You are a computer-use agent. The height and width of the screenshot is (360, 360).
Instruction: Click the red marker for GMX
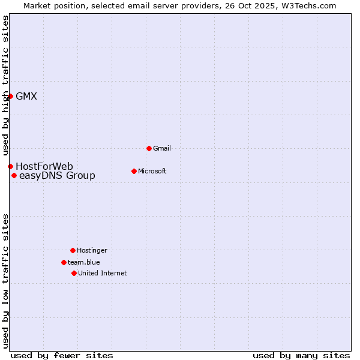[10, 96]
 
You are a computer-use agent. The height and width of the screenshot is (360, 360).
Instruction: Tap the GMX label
[26, 96]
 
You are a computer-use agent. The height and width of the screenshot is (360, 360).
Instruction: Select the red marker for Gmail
[149, 148]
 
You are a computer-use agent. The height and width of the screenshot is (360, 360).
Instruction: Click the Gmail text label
[162, 148]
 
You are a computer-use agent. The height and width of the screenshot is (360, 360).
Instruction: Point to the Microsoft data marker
[134, 171]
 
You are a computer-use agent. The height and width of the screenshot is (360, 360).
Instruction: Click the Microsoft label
[152, 171]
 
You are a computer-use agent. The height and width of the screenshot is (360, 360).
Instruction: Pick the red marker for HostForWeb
[10, 166]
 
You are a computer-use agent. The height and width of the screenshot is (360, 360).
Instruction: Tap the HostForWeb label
[44, 166]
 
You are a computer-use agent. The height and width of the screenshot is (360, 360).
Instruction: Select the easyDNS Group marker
[14, 175]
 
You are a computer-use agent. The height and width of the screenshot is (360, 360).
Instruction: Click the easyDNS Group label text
[57, 175]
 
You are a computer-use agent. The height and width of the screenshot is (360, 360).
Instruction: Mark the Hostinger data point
[73, 250]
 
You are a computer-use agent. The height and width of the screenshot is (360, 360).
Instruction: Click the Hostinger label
[92, 250]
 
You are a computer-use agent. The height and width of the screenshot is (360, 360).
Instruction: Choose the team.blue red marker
[64, 262]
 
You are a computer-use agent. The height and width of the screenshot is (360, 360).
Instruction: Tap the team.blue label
[84, 262]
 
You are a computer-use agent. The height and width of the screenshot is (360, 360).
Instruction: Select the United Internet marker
[74, 273]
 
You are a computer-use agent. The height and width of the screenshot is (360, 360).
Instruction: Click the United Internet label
[103, 273]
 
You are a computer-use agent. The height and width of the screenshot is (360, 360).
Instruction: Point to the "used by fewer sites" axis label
[62, 355]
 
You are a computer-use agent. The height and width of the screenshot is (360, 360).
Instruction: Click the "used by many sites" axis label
[301, 355]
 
